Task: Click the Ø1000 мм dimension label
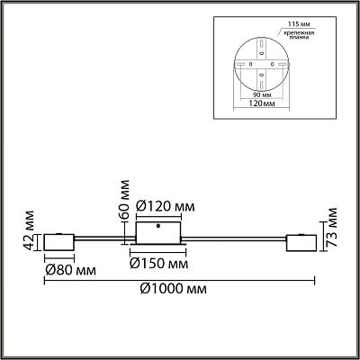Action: point(174,289)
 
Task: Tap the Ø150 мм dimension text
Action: point(158,264)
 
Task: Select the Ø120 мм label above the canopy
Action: point(166,206)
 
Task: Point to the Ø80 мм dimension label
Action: point(70,270)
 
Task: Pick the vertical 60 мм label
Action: point(123,199)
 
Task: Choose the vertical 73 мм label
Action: point(332,227)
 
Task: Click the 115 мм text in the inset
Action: point(295,23)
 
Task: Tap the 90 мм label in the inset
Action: point(262,94)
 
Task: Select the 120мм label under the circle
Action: point(261,103)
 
